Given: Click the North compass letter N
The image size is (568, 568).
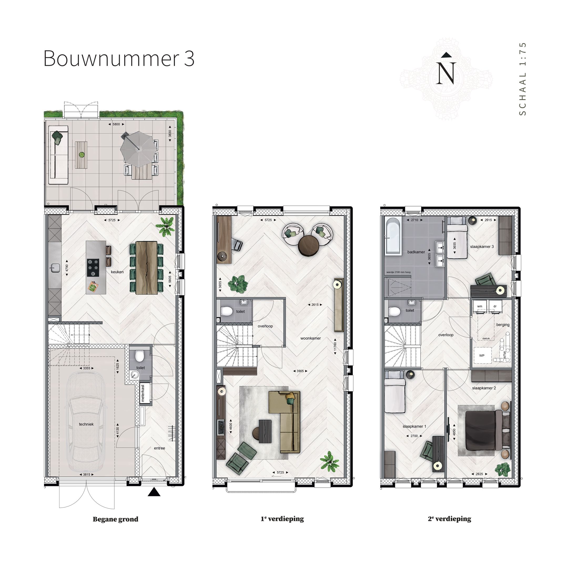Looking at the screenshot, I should click(446, 73).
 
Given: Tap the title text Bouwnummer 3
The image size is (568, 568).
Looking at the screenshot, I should click(119, 58).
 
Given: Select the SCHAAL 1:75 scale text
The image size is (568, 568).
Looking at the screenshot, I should click(523, 79).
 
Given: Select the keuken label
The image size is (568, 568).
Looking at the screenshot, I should click(117, 272).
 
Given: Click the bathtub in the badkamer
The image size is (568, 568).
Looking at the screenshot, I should click(393, 236).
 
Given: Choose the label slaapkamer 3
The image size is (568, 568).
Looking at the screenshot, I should click(482, 247).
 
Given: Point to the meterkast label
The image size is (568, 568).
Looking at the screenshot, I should click(143, 393).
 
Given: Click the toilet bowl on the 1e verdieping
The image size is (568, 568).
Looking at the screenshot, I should click(226, 311).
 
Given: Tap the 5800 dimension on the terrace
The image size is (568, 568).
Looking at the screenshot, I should click(116, 124).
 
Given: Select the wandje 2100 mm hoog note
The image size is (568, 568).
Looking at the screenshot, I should click(398, 272).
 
